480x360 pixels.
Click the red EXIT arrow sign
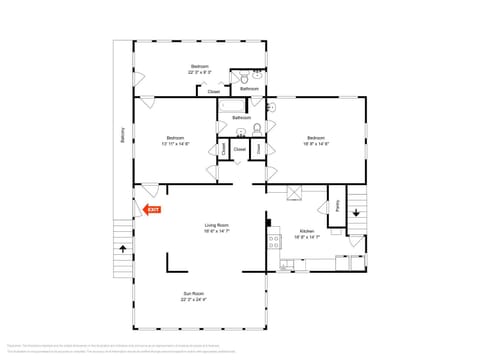tap(152, 210)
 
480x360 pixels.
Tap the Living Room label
tap(217, 226)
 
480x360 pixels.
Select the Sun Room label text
tap(192, 295)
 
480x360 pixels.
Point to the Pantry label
tap(338, 208)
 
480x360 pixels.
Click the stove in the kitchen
tap(271, 239)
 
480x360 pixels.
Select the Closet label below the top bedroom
tap(214, 92)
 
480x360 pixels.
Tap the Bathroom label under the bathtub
tap(241, 118)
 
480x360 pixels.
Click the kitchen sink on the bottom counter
tap(288, 264)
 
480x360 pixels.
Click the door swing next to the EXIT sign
tap(147, 190)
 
